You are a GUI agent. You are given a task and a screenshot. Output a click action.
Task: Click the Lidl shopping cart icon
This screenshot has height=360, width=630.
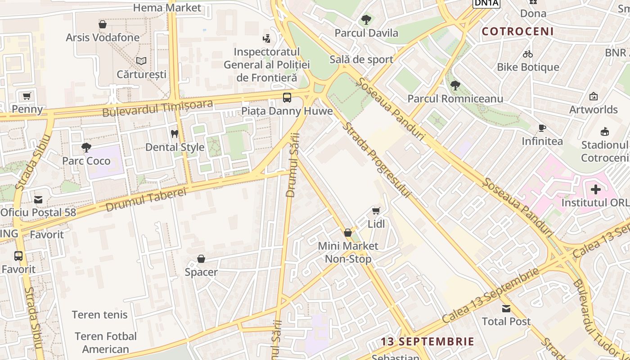point(376,211)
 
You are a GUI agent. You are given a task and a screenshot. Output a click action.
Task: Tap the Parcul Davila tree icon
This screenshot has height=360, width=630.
point(366,20)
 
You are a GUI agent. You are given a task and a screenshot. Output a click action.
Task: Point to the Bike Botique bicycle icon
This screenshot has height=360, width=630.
point(528,54)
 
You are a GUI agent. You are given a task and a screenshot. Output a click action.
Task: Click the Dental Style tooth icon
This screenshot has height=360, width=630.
point(175,134)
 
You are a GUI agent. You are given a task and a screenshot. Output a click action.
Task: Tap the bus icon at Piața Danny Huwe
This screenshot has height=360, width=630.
point(287,97)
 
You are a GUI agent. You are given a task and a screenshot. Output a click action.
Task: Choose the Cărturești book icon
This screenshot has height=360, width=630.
point(141,61)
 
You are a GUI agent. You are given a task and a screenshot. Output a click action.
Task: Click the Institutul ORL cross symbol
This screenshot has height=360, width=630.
point(596,189)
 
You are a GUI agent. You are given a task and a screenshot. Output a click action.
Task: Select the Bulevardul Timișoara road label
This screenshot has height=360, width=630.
point(157,108)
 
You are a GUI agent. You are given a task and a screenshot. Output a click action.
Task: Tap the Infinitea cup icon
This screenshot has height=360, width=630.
point(542,128)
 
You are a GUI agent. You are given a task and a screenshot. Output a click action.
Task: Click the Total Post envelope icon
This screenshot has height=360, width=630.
point(506,309)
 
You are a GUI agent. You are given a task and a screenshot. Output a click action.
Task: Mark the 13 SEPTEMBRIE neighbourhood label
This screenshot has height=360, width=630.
point(427,342)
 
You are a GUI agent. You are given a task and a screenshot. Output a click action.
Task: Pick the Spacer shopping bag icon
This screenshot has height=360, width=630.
point(201,259)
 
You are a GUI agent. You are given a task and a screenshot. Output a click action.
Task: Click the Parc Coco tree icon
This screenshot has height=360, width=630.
point(86,148)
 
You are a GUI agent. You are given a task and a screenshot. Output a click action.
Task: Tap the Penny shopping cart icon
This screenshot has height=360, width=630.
point(27,96)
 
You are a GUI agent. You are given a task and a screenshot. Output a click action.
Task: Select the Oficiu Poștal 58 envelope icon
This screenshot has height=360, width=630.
point(38,199)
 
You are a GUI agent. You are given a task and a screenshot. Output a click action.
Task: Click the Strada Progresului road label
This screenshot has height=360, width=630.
point(377,160)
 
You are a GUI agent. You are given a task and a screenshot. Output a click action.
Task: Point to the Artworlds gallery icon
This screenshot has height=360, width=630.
point(594,96)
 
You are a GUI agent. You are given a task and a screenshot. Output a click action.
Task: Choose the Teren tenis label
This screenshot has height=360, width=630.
point(100,315)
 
